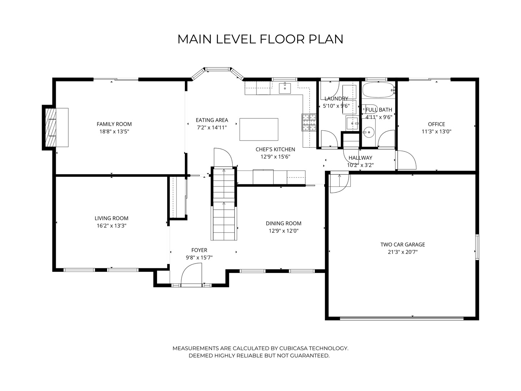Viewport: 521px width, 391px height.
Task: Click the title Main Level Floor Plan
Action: coord(260,39)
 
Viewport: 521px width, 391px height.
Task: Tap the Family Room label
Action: coord(114,124)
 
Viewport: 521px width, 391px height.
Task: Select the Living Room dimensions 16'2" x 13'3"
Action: coord(111,226)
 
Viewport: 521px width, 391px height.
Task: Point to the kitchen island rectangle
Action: coord(259,129)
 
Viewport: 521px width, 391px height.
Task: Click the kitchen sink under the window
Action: coord(285,88)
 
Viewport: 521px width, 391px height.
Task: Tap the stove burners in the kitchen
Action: coord(309,122)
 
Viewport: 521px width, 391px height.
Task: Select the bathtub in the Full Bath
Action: coord(378,90)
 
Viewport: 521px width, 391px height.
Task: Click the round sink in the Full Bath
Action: coord(369,132)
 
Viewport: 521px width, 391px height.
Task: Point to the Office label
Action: coord(436,124)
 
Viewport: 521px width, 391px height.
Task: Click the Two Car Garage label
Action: coord(403,244)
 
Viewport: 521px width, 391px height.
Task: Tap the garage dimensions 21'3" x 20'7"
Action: coord(403,252)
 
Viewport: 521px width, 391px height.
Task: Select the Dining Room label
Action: coord(283,223)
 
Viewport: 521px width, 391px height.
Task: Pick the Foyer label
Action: coord(199,250)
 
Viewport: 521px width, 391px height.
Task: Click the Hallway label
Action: coord(360,157)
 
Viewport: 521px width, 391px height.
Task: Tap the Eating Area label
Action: coord(212,120)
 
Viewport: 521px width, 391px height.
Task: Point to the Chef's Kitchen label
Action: coord(275,149)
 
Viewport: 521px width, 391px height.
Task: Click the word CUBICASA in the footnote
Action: coord(293,348)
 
